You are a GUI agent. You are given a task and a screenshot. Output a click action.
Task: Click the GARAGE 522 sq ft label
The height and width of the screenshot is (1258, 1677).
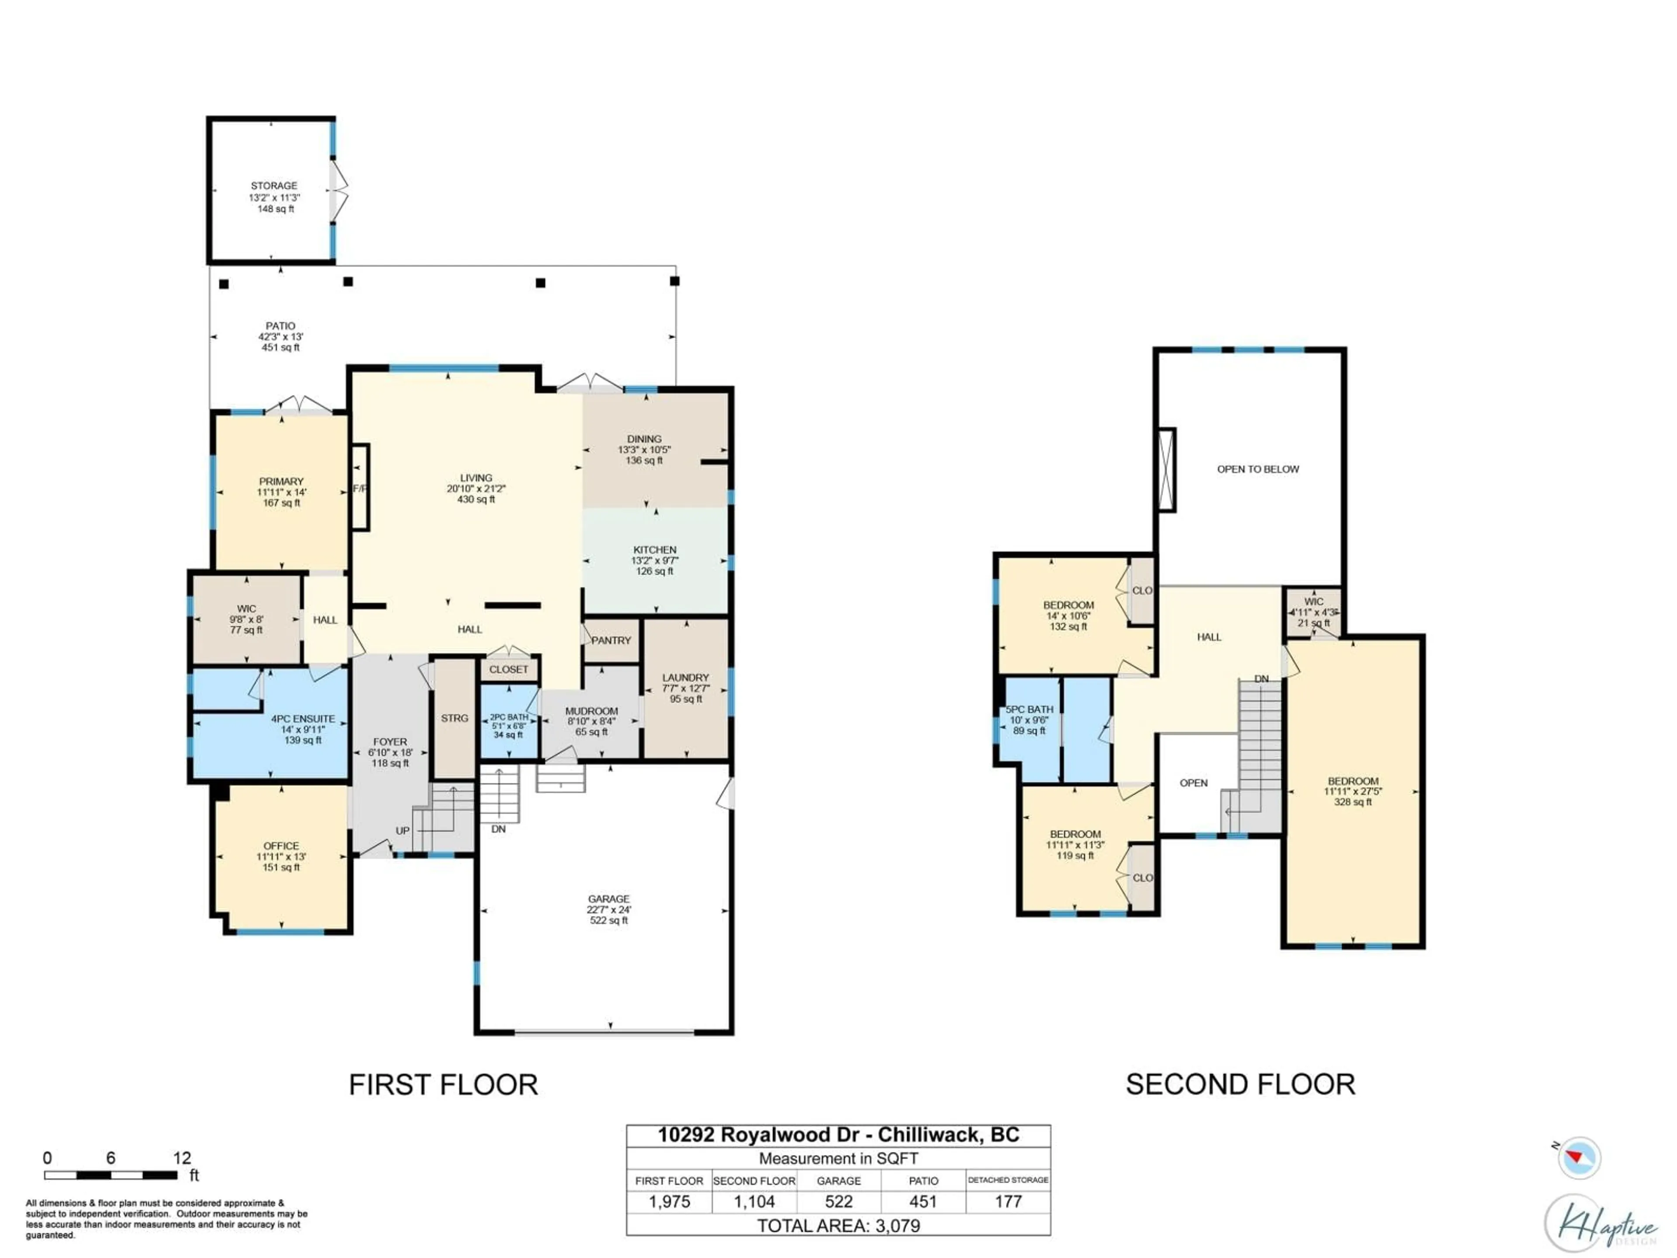point(609,909)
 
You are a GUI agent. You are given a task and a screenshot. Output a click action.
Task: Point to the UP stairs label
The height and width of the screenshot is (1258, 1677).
point(403,830)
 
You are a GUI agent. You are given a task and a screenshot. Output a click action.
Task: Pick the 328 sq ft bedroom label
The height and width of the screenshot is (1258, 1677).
point(1353,791)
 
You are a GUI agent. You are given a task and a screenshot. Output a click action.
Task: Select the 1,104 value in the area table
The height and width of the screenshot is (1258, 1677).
point(754,1201)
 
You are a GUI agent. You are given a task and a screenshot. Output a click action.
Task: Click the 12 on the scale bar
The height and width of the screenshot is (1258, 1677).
point(182,1158)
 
